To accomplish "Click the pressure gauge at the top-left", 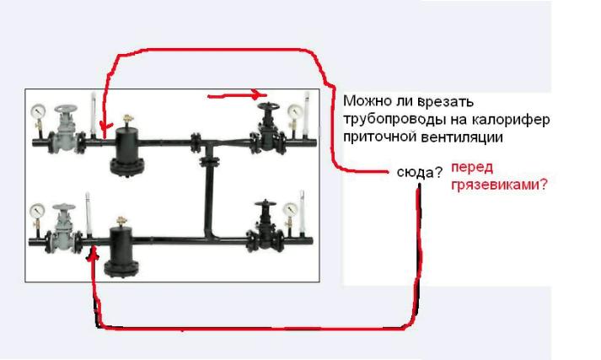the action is (x=38, y=111).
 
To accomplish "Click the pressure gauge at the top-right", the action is (x=296, y=111).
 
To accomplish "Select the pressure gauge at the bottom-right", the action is (x=290, y=209).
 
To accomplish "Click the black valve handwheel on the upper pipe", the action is (x=268, y=106).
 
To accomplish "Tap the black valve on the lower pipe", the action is (x=265, y=227).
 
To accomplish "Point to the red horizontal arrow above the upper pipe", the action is (x=237, y=94).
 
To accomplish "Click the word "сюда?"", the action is (x=419, y=173).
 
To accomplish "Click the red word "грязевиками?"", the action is (x=499, y=185).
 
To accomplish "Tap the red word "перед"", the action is (x=472, y=168).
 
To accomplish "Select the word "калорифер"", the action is (x=510, y=120).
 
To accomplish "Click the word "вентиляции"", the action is (x=462, y=137).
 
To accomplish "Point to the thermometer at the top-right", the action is (x=306, y=114).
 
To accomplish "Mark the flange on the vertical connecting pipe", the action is (x=209, y=161).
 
